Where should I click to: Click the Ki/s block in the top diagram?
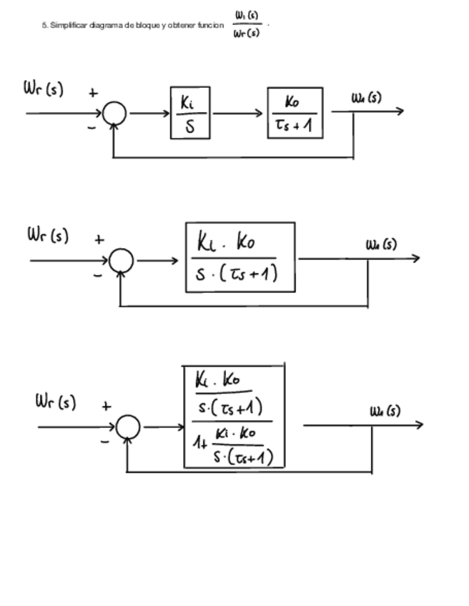click(x=189, y=113)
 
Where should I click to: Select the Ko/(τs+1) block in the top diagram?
click(x=295, y=113)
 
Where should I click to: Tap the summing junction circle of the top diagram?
click(x=114, y=113)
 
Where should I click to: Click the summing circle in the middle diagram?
click(x=122, y=261)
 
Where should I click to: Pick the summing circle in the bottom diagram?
click(x=129, y=427)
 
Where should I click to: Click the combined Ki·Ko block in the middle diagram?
click(x=240, y=257)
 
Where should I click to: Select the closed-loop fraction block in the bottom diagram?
click(x=234, y=417)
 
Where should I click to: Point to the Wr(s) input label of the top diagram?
click(x=41, y=91)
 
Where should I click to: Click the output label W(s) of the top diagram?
click(x=366, y=97)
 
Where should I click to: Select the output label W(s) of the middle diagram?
click(x=381, y=245)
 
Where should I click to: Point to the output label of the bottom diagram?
click(x=385, y=412)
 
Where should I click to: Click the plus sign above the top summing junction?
click(x=93, y=92)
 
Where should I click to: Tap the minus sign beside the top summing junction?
click(x=91, y=128)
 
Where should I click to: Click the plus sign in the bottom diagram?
click(x=106, y=406)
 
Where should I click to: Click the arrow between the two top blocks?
click(x=239, y=113)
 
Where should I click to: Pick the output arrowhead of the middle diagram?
click(x=415, y=259)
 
